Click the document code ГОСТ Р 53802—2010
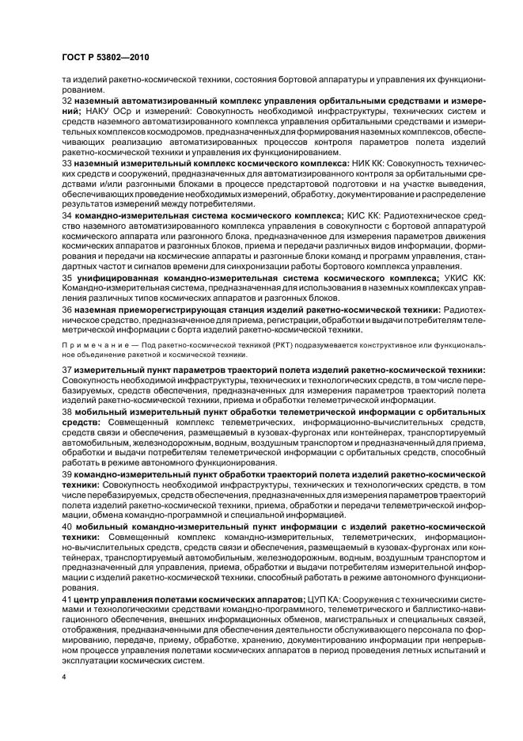coord(104,58)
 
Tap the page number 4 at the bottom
coord(65,678)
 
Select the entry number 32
coord(67,102)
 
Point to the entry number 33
coord(67,161)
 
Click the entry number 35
coord(67,278)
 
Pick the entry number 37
coord(67,370)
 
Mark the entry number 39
coord(67,473)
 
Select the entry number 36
coord(67,310)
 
